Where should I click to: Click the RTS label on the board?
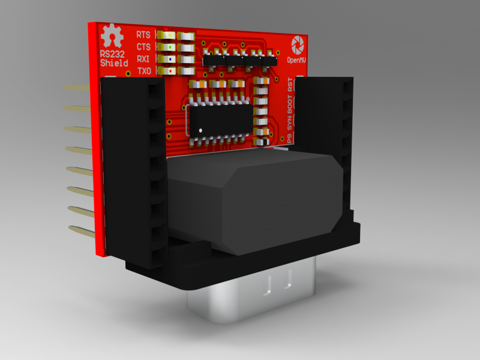[143, 35]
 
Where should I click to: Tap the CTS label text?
[143, 47]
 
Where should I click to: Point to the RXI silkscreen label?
[143, 59]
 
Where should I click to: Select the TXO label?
[144, 71]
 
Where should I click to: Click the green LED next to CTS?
[171, 47]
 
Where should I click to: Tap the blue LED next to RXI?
[171, 59]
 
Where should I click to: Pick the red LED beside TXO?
[171, 71]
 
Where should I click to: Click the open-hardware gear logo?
[110, 36]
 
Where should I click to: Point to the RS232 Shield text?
[113, 58]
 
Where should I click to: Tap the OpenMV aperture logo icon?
[297, 44]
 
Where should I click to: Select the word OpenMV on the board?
[297, 60]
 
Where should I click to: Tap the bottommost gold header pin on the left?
[81, 230]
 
